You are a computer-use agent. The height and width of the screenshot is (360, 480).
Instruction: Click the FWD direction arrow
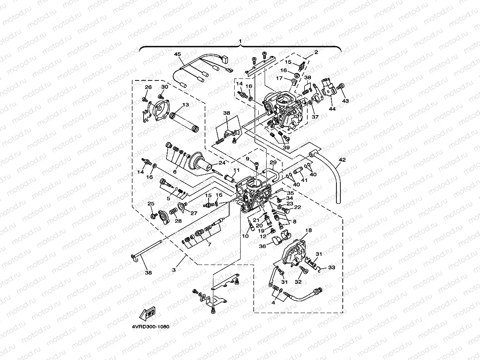click(148, 313)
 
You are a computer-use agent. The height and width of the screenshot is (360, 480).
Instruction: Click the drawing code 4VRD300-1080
click(151, 327)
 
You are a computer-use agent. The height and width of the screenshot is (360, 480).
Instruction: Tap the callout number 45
click(177, 54)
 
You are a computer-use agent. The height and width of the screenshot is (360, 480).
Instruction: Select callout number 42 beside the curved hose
click(342, 160)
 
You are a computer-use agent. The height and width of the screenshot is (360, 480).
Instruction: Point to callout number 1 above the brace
click(240, 41)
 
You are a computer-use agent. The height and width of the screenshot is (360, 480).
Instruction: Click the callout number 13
click(185, 105)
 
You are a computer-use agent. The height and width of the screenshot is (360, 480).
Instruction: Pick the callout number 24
click(222, 162)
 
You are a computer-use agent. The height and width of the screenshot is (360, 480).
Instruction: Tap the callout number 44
click(332, 109)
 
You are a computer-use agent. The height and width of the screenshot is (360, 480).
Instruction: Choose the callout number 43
click(345, 101)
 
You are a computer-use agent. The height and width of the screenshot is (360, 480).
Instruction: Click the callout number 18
click(308, 230)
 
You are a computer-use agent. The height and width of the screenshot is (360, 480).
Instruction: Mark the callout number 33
click(332, 267)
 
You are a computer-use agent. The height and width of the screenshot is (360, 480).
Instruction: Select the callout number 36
click(262, 246)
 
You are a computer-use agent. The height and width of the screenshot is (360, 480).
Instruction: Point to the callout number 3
click(174, 270)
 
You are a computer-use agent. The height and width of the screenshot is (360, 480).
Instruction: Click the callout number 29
click(273, 162)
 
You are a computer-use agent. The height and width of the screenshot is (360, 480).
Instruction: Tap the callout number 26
click(148, 87)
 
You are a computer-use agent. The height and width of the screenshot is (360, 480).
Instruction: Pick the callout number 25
click(151, 203)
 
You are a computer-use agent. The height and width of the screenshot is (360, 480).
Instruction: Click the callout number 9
click(248, 159)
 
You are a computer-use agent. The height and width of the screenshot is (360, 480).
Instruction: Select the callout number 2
click(316, 52)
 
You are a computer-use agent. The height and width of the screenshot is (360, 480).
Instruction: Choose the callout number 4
click(273, 303)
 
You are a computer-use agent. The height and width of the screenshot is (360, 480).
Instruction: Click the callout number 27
click(194, 213)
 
